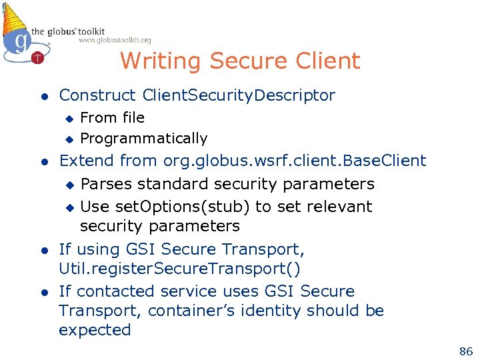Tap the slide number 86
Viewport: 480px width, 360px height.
pyautogui.click(x=465, y=351)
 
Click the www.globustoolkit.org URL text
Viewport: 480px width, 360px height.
pyautogui.click(x=115, y=41)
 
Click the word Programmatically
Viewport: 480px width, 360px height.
pyautogui.click(x=143, y=139)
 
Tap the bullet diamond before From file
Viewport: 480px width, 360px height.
pyautogui.click(x=68, y=119)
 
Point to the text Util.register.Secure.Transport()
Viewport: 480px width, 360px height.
pyautogui.click(x=179, y=269)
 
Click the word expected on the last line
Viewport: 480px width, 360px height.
pyautogui.click(x=95, y=330)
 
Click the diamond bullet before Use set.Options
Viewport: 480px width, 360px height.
pyautogui.click(x=68, y=207)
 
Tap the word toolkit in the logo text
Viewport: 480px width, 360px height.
pyautogui.click(x=89, y=31)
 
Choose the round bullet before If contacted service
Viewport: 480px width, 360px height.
pyautogui.click(x=42, y=293)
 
